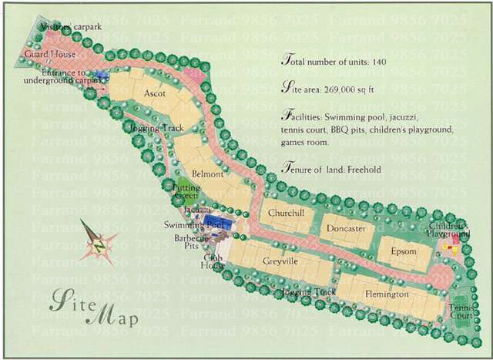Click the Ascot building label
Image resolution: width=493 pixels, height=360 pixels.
[156, 93]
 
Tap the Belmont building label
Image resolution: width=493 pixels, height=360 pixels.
[207, 174]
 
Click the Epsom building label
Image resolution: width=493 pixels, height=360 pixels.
[403, 251]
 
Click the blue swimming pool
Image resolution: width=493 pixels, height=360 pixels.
[216, 224]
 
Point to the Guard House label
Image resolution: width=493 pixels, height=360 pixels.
[49, 56]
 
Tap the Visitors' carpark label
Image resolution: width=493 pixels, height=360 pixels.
[71, 27]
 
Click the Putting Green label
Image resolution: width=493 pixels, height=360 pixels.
[186, 192]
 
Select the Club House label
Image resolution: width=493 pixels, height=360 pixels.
[213, 261]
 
